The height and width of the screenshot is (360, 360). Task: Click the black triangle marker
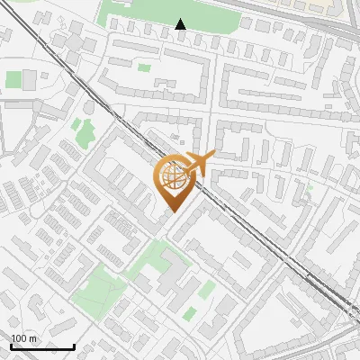point(181,24)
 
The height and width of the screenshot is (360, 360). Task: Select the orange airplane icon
point(197,164)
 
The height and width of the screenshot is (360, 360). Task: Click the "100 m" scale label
point(24,338)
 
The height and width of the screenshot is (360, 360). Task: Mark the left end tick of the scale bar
point(11,346)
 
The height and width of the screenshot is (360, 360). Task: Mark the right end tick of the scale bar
point(74,346)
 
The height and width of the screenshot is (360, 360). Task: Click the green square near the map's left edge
point(13,79)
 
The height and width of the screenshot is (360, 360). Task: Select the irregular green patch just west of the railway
point(85,133)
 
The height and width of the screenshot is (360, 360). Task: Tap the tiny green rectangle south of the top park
point(144,67)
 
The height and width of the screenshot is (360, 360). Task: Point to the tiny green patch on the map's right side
point(309,189)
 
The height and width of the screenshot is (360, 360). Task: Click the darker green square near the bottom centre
point(190,313)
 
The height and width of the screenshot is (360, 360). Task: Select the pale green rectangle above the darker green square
point(207,289)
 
